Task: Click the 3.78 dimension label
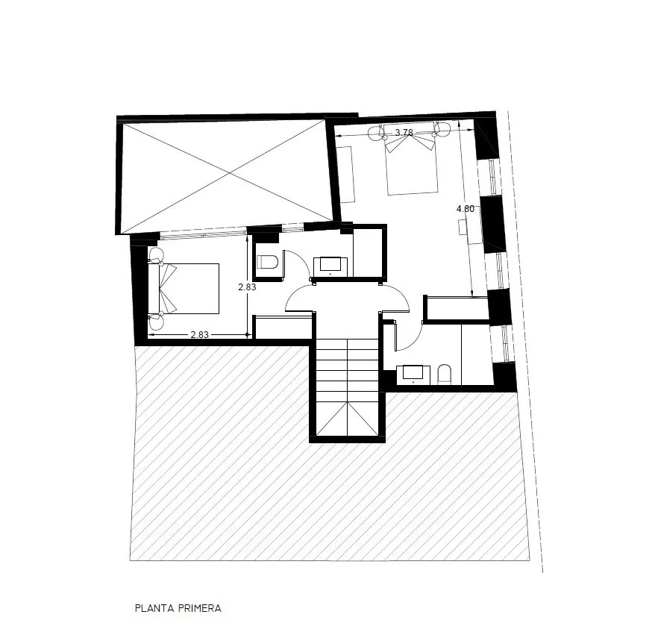[x=404, y=133]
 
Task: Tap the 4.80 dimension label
[x=466, y=209]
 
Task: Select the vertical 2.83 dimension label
[x=247, y=287]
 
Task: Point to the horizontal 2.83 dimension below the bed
[x=200, y=335]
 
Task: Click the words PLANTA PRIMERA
[x=178, y=608]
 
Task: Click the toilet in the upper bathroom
[x=268, y=262]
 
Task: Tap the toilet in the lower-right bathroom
[x=445, y=375]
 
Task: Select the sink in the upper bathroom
[x=330, y=267]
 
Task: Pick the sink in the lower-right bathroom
[x=413, y=375]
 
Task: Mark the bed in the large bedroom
[x=411, y=159]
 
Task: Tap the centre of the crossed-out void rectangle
[x=228, y=172]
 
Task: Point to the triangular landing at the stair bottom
[x=348, y=419]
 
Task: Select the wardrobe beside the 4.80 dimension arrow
[x=457, y=308]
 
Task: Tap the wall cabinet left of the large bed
[x=346, y=174]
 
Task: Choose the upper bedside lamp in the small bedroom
[x=156, y=254]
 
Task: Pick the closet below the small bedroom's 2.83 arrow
[x=283, y=328]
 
